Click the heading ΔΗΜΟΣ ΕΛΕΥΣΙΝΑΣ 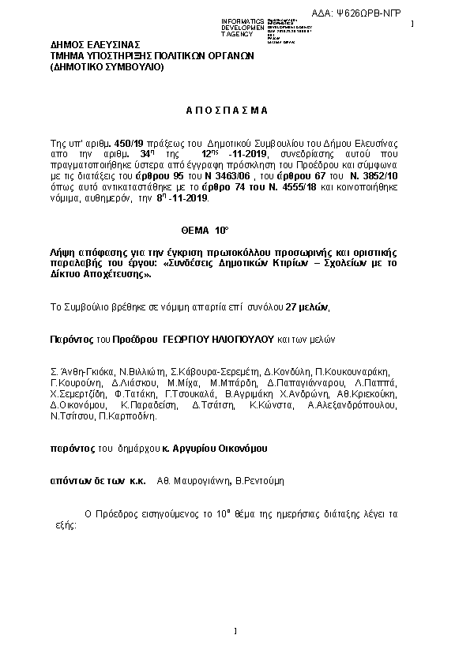point(95,44)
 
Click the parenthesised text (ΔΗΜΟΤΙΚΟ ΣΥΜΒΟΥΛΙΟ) point(107,66)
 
